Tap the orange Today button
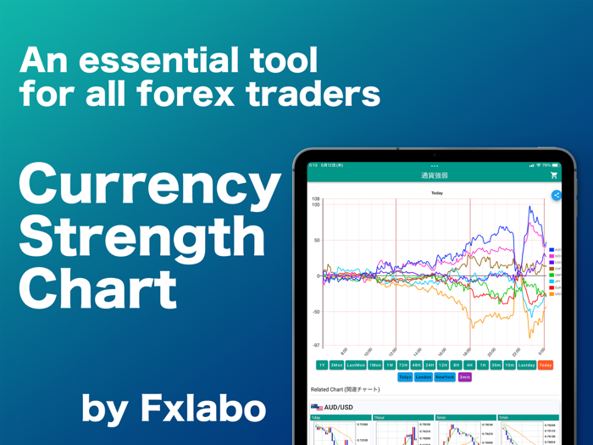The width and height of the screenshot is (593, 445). (x=545, y=365)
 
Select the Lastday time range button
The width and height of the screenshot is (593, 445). (x=526, y=365)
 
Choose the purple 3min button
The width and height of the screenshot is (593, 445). (x=464, y=377)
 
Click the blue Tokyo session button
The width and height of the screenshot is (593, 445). (x=405, y=377)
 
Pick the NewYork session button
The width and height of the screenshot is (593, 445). (x=444, y=377)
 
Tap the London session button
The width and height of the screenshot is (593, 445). (x=424, y=377)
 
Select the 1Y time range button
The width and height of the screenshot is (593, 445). (x=322, y=365)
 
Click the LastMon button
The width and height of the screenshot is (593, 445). (x=356, y=365)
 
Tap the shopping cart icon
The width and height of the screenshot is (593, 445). (x=553, y=175)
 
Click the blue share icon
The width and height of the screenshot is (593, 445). (x=557, y=196)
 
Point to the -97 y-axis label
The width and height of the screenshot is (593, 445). (x=316, y=345)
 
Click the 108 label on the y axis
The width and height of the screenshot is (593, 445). (x=316, y=199)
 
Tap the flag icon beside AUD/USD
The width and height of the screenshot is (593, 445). (x=317, y=408)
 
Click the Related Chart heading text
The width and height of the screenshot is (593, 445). (x=345, y=390)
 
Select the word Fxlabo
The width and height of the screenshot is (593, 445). (x=202, y=409)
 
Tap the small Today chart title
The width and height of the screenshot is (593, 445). (x=437, y=193)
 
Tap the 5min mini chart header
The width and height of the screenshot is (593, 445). (x=441, y=418)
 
